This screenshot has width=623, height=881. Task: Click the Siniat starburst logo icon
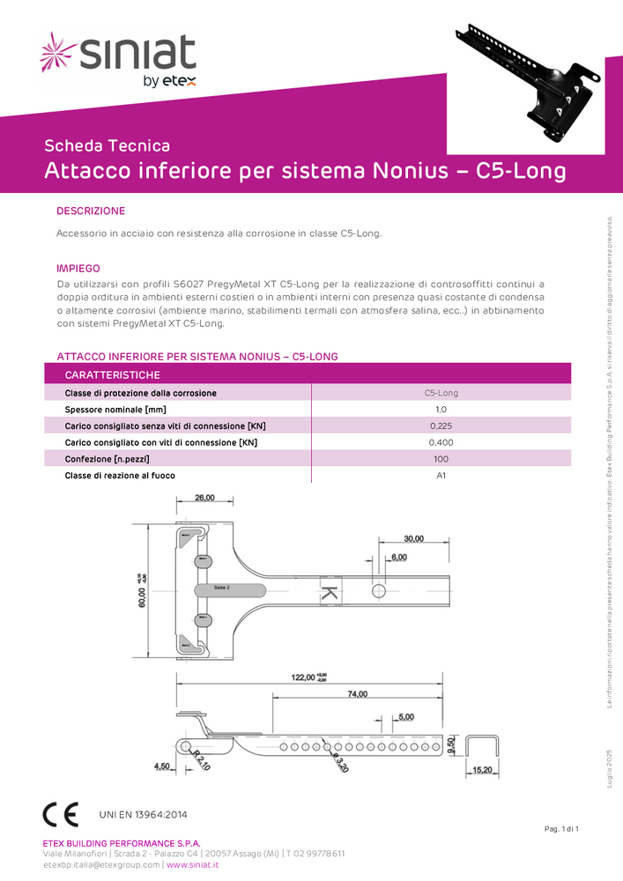[x=59, y=52]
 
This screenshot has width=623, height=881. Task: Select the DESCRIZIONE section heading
[x=91, y=211]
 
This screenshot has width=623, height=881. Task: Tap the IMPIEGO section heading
[x=78, y=268]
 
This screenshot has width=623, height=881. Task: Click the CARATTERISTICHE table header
[x=113, y=375]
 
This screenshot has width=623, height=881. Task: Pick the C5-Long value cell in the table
[x=441, y=393]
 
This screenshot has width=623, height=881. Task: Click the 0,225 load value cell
[x=441, y=426]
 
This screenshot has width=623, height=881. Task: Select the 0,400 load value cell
[x=441, y=442]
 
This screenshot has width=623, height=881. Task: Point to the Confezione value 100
[x=441, y=459]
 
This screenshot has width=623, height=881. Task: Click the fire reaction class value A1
[x=441, y=476]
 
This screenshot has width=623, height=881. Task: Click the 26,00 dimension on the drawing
[x=204, y=499]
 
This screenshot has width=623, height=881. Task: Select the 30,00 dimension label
[x=413, y=538]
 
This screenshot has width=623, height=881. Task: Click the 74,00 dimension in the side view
[x=357, y=694]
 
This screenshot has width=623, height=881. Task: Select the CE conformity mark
[x=61, y=814]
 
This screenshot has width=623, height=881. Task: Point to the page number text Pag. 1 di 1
[x=560, y=830]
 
